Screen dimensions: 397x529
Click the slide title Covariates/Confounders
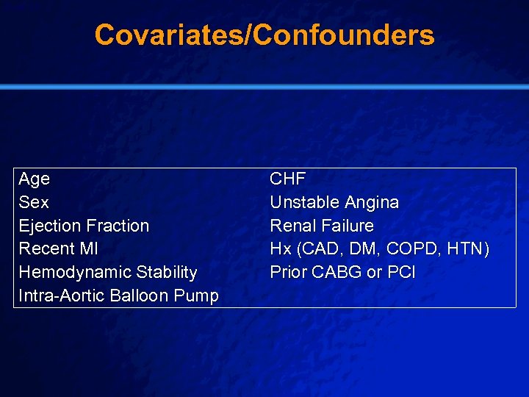pyautogui.click(x=264, y=35)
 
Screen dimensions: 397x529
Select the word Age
pyautogui.click(x=35, y=179)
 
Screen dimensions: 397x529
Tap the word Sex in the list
pyautogui.click(x=34, y=202)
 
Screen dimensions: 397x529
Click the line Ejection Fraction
pyautogui.click(x=84, y=226)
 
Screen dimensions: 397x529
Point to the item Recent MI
pyautogui.click(x=58, y=248)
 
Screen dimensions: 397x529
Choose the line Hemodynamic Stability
pyautogui.click(x=108, y=272)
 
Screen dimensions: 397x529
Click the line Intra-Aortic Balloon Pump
pyautogui.click(x=118, y=296)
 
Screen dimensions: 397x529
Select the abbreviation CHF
pyautogui.click(x=288, y=179)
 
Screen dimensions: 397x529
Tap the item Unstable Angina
pyautogui.click(x=334, y=202)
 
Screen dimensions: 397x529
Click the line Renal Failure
pyautogui.click(x=322, y=226)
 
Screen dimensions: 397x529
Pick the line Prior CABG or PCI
pyautogui.click(x=342, y=272)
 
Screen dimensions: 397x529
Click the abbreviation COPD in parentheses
pyautogui.click(x=409, y=248)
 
